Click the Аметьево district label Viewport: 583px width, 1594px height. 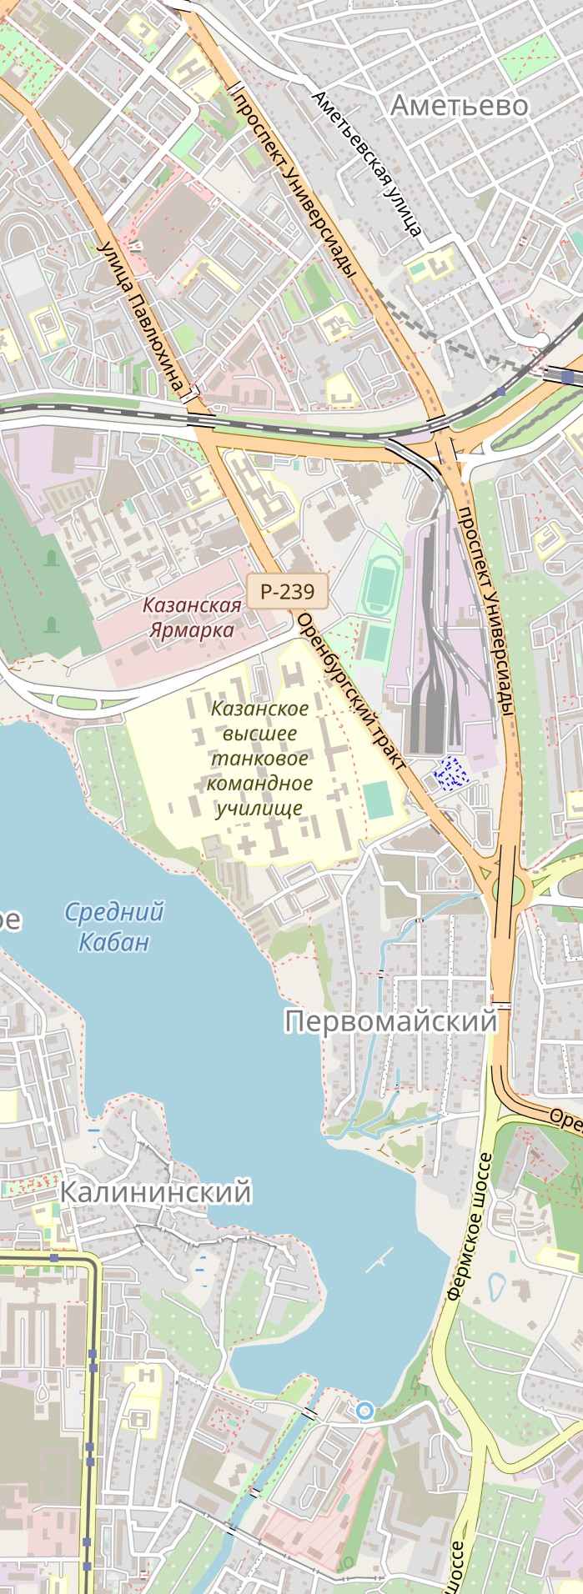(459, 106)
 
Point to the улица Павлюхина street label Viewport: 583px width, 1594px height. (140, 317)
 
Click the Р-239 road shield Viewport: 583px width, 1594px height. (287, 592)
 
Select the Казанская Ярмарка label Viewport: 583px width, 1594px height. (192, 617)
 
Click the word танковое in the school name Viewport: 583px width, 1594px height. (259, 759)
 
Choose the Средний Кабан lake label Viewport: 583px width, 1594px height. (113, 926)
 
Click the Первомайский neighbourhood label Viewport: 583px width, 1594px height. (390, 1021)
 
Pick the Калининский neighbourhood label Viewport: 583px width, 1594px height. (155, 1192)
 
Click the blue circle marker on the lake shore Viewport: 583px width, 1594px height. (364, 1411)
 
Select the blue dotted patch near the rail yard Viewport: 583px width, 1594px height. (451, 772)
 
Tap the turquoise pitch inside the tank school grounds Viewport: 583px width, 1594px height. (378, 800)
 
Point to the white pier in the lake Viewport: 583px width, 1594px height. (379, 1261)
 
